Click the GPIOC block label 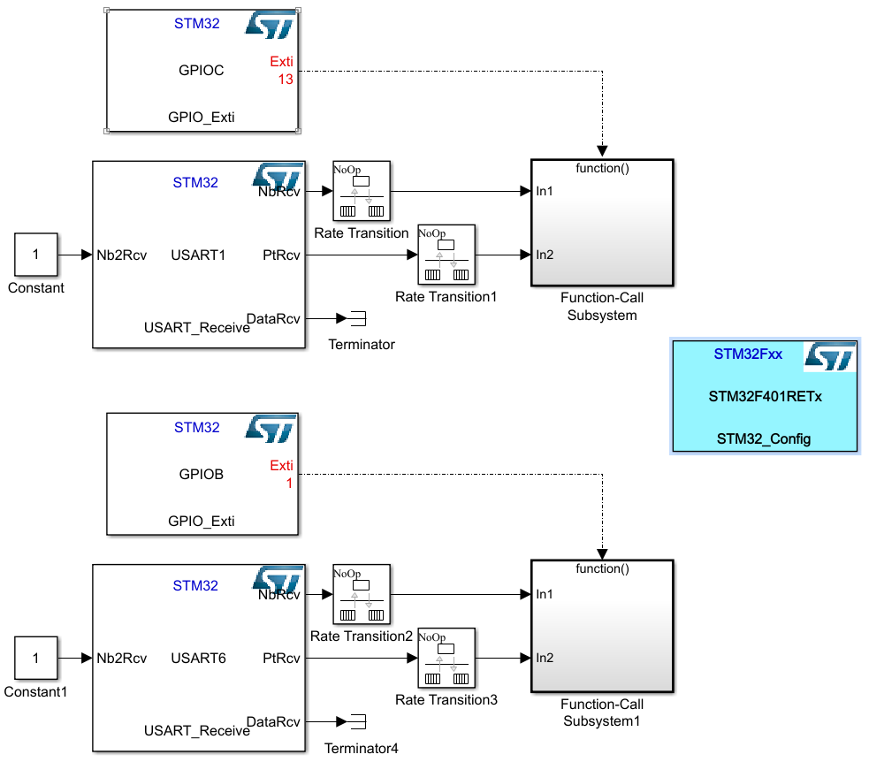(201, 71)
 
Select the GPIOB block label (201, 475)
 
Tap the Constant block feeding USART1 (35, 255)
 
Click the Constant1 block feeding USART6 (35, 658)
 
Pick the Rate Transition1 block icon (446, 255)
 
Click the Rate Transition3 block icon (446, 658)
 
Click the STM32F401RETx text (765, 397)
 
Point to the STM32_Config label (764, 439)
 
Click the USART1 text (198, 255)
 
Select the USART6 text (198, 659)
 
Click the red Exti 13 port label (281, 70)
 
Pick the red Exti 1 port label (281, 474)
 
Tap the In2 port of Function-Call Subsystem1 (545, 658)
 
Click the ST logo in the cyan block (829, 357)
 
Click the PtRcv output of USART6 (281, 659)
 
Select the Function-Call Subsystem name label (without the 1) (601, 306)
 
